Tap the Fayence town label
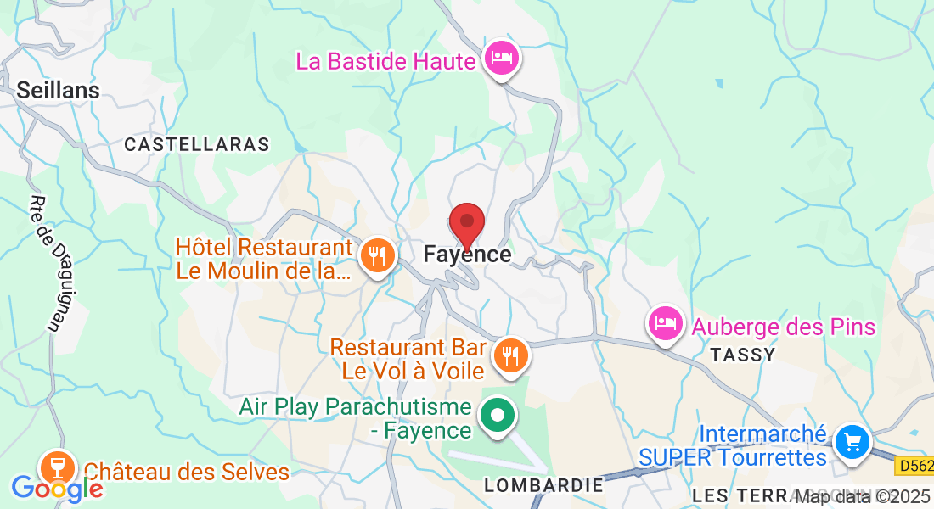pyautogui.click(x=467, y=255)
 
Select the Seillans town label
pyautogui.click(x=58, y=90)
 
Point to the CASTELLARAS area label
pyautogui.click(x=196, y=145)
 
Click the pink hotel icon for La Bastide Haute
pyautogui.click(x=502, y=59)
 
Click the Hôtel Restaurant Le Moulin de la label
pyautogui.click(x=263, y=260)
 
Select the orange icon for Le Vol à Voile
pyautogui.click(x=509, y=355)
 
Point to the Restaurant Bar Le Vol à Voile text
pyautogui.click(x=408, y=359)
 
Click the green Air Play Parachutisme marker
pyautogui.click(x=498, y=416)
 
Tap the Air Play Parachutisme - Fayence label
pyautogui.click(x=355, y=418)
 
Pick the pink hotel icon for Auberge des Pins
pyautogui.click(x=666, y=322)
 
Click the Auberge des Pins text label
pyautogui.click(x=783, y=327)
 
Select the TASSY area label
pyautogui.click(x=743, y=355)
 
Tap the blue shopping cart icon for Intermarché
pyautogui.click(x=852, y=441)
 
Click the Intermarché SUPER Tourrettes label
pyautogui.click(x=733, y=446)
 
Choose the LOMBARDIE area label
pyautogui.click(x=543, y=485)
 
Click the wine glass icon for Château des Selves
pyautogui.click(x=57, y=466)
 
